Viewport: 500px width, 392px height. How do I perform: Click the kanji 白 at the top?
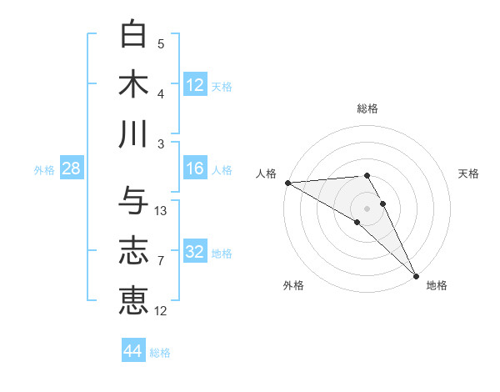pyautogui.click(x=133, y=34)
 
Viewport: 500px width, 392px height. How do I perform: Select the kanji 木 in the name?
pyautogui.click(x=133, y=84)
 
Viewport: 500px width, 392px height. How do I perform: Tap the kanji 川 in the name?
pyautogui.click(x=133, y=133)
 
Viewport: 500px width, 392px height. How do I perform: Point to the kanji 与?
pyautogui.click(x=133, y=201)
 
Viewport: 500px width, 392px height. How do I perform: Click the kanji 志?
pyautogui.click(x=133, y=250)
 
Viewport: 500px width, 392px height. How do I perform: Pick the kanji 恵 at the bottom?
pyautogui.click(x=133, y=300)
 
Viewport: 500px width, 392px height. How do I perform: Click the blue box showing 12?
pyautogui.click(x=195, y=84)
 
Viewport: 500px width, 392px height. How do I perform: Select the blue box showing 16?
pyautogui.click(x=195, y=169)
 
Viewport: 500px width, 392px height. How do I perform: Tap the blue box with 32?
pyautogui.click(x=195, y=253)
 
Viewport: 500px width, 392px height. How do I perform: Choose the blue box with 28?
pyautogui.click(x=72, y=169)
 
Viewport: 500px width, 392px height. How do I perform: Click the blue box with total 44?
pyautogui.click(x=133, y=351)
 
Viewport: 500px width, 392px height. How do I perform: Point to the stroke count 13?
pyautogui.click(x=162, y=211)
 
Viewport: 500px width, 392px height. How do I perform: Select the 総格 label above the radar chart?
pyautogui.click(x=367, y=108)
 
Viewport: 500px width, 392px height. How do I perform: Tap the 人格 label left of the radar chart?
pyautogui.click(x=267, y=173)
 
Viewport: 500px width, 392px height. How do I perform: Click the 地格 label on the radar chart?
pyautogui.click(x=437, y=285)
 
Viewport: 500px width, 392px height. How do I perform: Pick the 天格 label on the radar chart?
pyautogui.click(x=468, y=173)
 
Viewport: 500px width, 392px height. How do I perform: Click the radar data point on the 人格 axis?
pyautogui.click(x=287, y=183)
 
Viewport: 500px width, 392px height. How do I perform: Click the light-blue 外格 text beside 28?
pyautogui.click(x=44, y=170)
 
